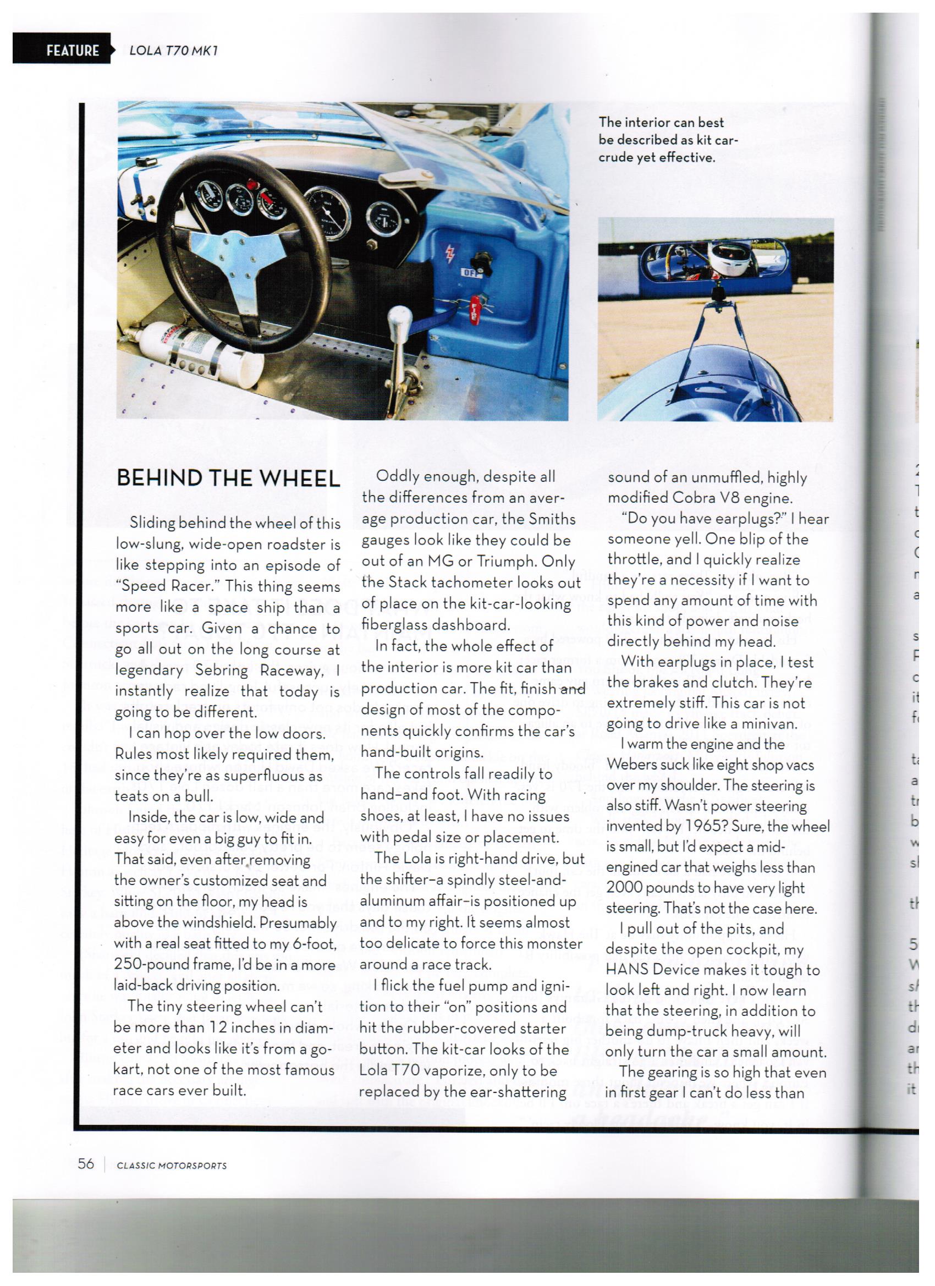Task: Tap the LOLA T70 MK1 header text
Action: pos(173,51)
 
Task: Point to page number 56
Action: pos(86,1163)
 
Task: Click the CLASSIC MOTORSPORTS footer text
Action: pos(171,1166)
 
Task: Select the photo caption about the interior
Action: pos(668,140)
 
